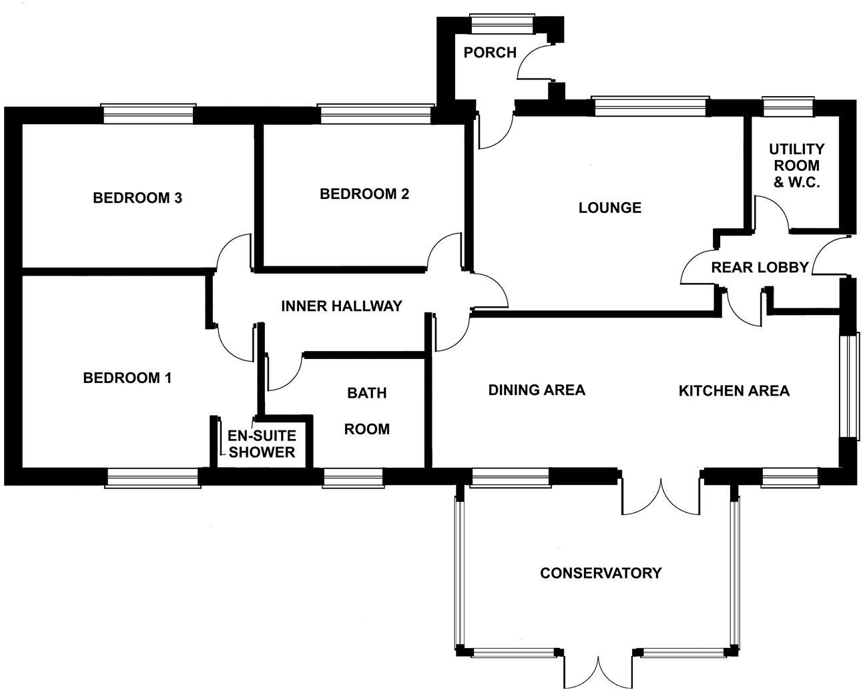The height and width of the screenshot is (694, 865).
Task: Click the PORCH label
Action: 490,52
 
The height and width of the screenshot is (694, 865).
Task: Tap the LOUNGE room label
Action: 609,208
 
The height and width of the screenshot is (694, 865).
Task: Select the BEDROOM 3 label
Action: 137,198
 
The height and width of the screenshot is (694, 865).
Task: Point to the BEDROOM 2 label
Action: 364,194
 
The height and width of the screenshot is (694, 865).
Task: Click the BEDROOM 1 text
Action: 127,378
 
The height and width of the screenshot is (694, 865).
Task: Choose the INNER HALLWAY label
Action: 341,306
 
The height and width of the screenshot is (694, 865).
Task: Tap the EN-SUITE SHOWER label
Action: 262,444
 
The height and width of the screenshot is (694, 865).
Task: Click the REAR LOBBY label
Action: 760,268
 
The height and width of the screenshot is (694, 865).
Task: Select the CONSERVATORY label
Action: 600,573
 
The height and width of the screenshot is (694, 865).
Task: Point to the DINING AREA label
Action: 537,390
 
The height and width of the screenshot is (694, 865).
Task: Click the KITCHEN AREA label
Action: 734,390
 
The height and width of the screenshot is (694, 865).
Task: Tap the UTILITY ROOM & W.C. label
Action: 796,165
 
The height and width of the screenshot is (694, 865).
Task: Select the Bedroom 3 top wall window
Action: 148,114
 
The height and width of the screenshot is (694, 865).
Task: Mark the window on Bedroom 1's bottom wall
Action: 153,477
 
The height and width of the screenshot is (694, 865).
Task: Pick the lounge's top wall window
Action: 650,106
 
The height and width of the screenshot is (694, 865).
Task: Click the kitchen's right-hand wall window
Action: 848,385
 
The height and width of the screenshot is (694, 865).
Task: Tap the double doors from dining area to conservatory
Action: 661,494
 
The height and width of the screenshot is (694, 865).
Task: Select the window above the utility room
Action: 789,106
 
